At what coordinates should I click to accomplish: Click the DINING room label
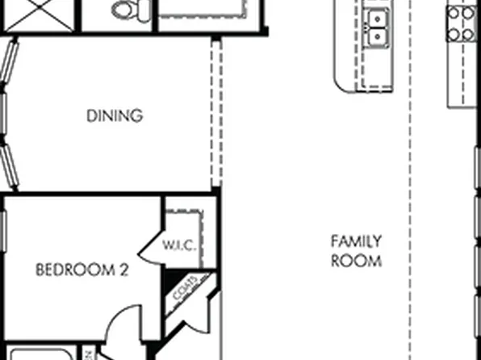115,115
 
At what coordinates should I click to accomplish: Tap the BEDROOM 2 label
82,270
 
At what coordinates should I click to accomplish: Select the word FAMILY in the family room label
356,241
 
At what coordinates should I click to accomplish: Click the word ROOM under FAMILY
356,261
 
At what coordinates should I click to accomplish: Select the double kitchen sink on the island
375,28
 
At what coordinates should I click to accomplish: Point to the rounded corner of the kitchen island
345,85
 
